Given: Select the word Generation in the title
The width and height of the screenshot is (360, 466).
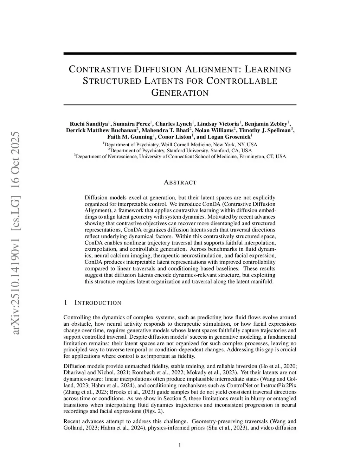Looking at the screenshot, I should tap(180, 93).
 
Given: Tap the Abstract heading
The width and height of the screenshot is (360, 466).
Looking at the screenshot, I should tap(180, 183).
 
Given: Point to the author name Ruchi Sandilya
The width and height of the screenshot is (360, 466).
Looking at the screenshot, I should tap(89, 124).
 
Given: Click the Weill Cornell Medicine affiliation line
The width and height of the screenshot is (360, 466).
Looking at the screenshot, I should tap(180, 145).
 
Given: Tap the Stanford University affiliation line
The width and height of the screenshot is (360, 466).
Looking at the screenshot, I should tap(180, 151).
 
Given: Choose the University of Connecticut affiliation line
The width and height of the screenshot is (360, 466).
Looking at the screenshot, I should tap(180, 157).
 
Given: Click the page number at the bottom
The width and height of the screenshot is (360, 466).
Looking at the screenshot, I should tap(180, 445).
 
